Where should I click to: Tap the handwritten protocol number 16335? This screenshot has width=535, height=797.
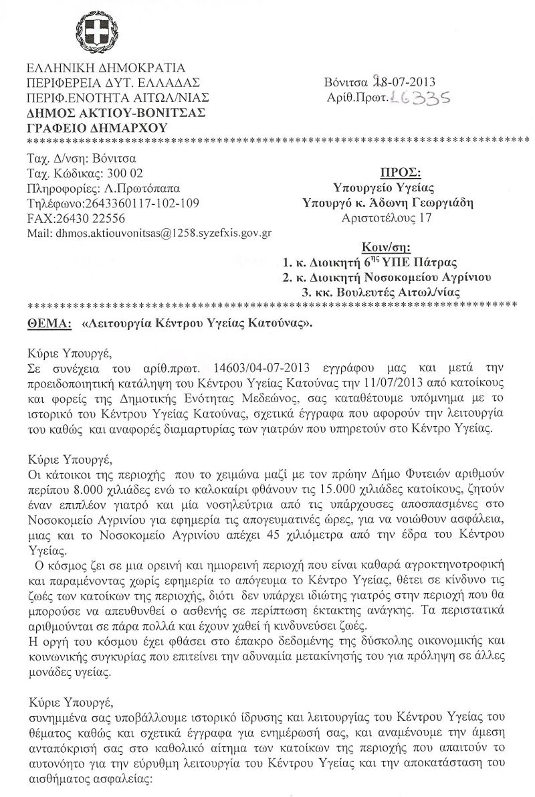pyautogui.click(x=419, y=98)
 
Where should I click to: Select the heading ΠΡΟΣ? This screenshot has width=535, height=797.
pyautogui.click(x=398, y=173)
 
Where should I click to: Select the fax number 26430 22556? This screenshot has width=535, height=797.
pyautogui.click(x=100, y=218)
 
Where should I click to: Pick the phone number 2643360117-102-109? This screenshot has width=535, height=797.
pyautogui.click(x=140, y=203)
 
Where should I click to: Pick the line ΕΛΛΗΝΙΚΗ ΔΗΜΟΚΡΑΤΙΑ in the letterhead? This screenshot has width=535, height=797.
pyautogui.click(x=106, y=68)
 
